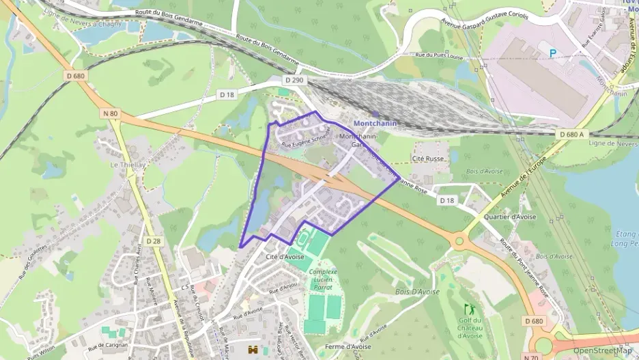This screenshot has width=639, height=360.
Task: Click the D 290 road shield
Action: click(x=294, y=80)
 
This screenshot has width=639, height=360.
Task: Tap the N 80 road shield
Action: click(x=109, y=113)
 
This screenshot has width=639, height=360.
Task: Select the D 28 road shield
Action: click(x=154, y=241)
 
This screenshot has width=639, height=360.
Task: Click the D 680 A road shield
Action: click(x=572, y=135)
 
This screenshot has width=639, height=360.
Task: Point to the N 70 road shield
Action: click(x=530, y=357)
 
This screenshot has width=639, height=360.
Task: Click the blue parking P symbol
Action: click(x=552, y=53)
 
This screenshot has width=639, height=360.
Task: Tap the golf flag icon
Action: click(x=468, y=309)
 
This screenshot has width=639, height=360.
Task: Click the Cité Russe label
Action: click(x=428, y=158)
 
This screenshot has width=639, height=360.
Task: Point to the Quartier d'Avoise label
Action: click(x=509, y=217)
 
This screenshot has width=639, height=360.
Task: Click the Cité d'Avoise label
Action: click(x=285, y=257)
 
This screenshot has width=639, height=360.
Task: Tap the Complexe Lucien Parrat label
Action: click(x=324, y=279)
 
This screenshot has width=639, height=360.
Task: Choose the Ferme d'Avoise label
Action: click(x=348, y=346)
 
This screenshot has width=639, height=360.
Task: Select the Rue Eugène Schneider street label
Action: click(x=305, y=139)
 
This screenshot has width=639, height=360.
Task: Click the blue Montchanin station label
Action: click(x=374, y=123)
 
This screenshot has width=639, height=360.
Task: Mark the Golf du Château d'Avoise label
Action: click(x=470, y=328)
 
